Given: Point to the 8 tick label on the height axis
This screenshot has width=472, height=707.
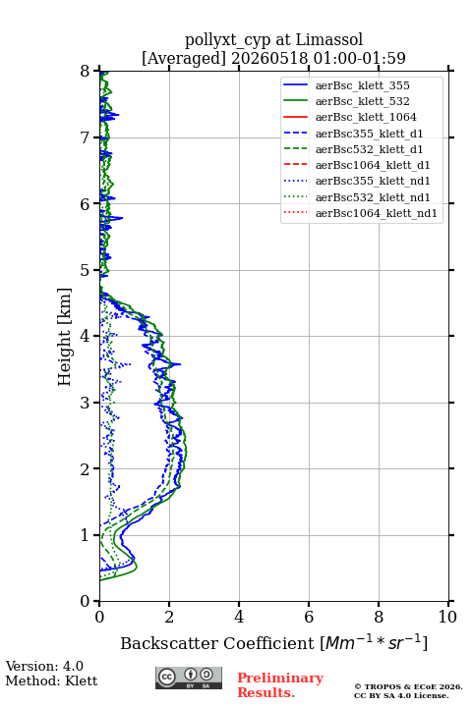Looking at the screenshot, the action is [x=86, y=71].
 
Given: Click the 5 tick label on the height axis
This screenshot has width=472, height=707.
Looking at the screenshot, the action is [x=86, y=270].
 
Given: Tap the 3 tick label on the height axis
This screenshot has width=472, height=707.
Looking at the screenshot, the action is [x=86, y=403].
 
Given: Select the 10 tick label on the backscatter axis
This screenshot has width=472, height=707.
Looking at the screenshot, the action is [x=447, y=617].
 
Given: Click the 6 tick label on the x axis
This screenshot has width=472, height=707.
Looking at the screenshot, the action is [x=309, y=617].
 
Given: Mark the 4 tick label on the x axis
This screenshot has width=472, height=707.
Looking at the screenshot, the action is [x=239, y=617].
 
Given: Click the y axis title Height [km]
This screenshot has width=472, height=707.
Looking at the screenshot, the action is [x=65, y=337].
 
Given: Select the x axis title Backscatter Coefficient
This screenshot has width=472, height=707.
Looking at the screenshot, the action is [x=217, y=643].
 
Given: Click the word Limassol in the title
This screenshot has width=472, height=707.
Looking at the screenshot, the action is [x=329, y=39].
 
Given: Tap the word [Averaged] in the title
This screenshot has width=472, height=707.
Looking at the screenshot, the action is [x=184, y=58].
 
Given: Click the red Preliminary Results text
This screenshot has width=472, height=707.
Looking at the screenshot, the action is [x=280, y=684].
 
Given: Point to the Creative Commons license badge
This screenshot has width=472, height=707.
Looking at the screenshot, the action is [x=189, y=678].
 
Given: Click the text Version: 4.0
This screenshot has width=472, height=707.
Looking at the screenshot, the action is [x=44, y=666].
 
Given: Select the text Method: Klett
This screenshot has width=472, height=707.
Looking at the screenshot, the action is [x=51, y=680].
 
